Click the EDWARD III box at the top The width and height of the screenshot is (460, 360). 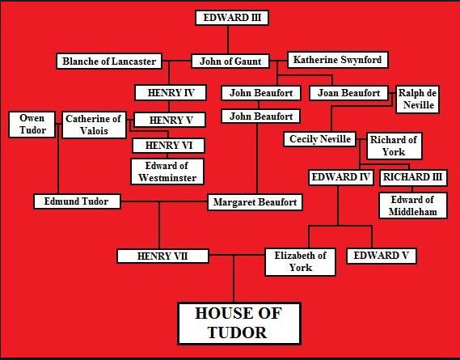[232, 18]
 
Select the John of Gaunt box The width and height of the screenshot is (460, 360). [230, 61]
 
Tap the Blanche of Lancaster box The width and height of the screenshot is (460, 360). [109, 61]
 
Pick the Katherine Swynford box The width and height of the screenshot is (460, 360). [338, 60]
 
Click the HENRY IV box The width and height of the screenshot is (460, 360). [171, 93]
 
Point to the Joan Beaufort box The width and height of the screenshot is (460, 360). [348, 93]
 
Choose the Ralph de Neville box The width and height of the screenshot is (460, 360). [417, 100]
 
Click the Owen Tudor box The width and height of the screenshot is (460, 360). [32, 125]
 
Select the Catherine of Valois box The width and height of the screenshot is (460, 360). [94, 125]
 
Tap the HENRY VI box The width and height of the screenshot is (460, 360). [169, 146]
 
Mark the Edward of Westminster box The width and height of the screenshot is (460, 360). [167, 172]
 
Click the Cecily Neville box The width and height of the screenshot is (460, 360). [320, 139]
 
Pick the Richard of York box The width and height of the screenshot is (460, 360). [395, 146]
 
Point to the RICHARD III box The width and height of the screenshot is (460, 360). [413, 177]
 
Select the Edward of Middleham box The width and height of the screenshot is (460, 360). [413, 205]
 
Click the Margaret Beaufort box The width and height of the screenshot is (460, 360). [255, 202]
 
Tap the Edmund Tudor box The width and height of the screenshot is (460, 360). [77, 201]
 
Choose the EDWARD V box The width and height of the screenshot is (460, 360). [382, 256]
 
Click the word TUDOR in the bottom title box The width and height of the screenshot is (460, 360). [237, 332]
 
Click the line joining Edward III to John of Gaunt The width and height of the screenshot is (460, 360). [228, 40]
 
